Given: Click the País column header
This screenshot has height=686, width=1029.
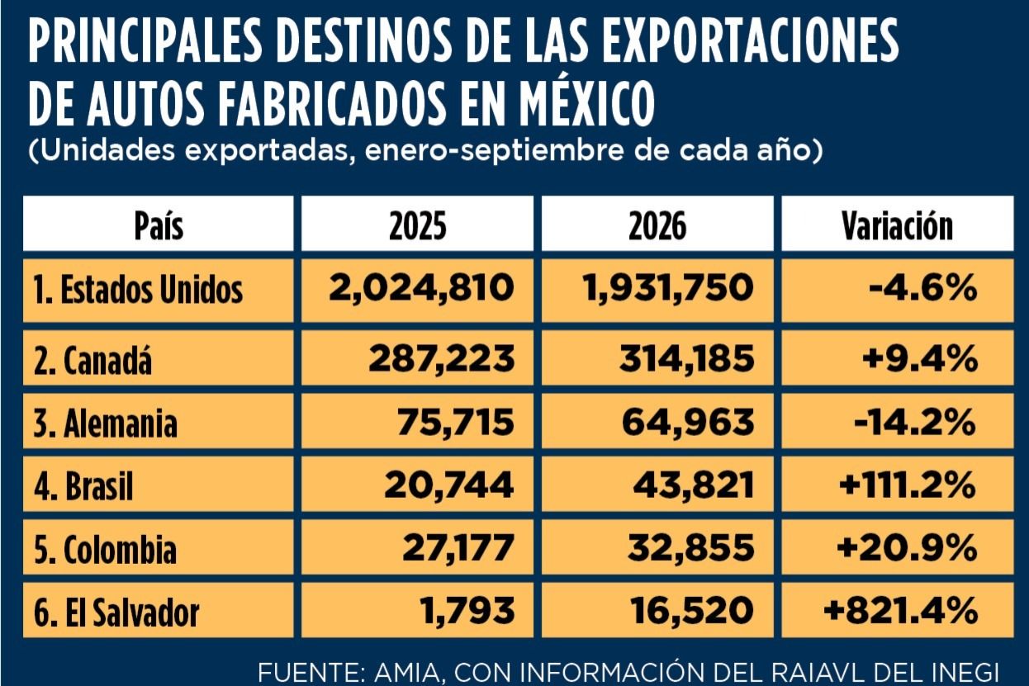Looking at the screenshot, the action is point(159,225).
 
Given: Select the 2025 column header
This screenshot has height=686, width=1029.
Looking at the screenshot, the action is point(418,226).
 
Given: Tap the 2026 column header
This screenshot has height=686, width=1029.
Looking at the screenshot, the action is point(657,226).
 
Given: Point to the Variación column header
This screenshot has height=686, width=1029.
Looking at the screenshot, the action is point(897,225).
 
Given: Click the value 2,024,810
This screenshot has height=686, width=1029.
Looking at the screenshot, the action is point(421,288).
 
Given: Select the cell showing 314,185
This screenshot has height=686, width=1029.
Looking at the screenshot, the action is point(687,358).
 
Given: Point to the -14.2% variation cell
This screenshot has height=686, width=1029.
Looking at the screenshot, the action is point(915,423).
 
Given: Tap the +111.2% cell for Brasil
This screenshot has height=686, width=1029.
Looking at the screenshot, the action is point(908,485).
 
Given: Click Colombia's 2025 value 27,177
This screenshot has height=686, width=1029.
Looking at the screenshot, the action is point(458,548).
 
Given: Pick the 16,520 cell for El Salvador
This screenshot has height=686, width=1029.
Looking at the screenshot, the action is point(692,611).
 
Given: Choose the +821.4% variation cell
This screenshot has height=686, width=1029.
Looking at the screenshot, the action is point(901,611).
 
